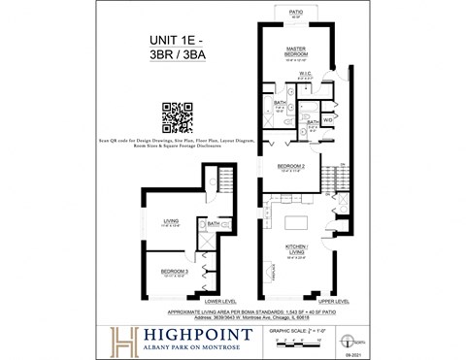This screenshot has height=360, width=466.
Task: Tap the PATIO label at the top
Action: (296, 13)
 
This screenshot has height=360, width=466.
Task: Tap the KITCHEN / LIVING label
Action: (296, 248)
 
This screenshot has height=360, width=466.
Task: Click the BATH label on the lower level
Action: (212, 223)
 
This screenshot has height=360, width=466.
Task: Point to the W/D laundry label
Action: (327, 119)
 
